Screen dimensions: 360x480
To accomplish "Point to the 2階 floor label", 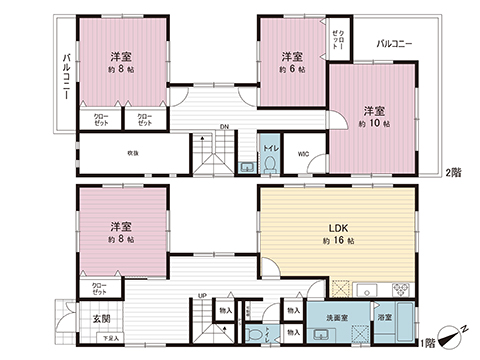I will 452,172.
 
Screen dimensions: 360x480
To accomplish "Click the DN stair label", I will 226,127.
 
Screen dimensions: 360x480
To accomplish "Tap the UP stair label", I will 202,295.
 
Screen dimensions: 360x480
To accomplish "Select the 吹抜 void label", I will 131,153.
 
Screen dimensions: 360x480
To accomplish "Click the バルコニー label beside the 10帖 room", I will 397,44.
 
